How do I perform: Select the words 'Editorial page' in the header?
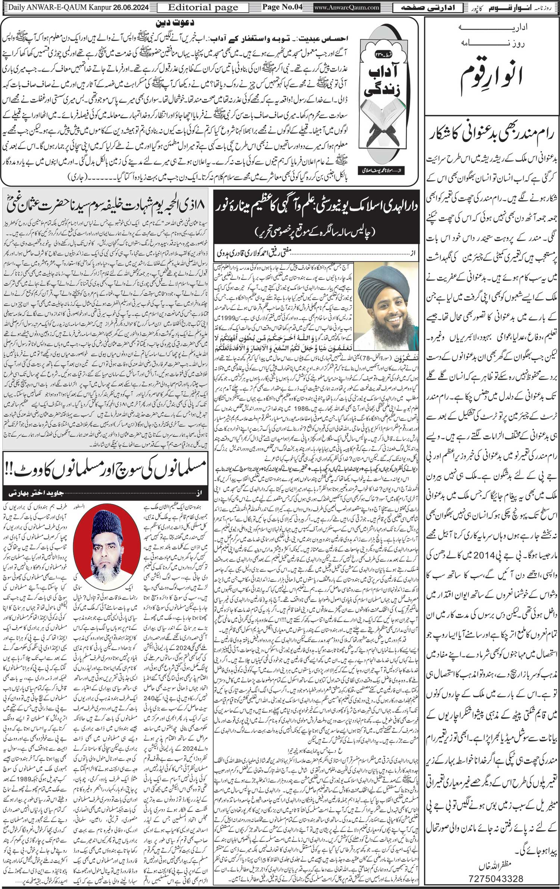pyautogui.click(x=203, y=7)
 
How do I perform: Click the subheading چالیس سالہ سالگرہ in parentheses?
pyautogui.click(x=317, y=232)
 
